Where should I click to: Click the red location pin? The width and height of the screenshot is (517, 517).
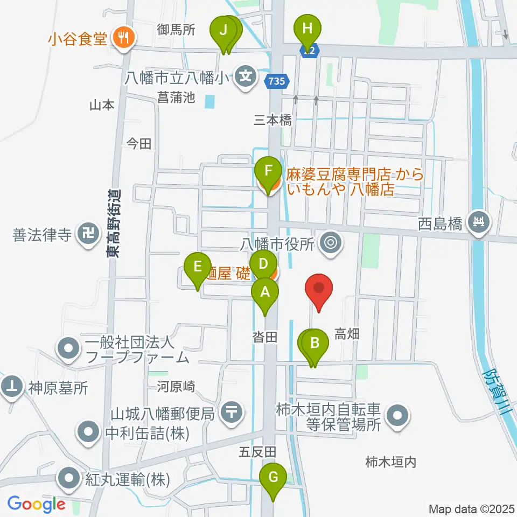click(x=319, y=291)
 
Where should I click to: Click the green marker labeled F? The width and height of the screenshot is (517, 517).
click(x=268, y=172)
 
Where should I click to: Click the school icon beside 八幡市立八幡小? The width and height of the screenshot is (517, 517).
click(x=246, y=77)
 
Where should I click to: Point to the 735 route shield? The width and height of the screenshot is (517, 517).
click(x=277, y=81)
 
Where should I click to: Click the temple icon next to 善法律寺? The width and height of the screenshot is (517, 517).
click(x=86, y=234)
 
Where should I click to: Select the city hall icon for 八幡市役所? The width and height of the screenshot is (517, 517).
click(x=330, y=243)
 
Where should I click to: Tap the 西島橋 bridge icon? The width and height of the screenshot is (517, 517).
click(x=477, y=221)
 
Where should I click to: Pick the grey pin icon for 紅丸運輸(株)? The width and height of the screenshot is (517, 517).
click(x=69, y=478)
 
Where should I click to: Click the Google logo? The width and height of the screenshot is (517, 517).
click(x=37, y=504)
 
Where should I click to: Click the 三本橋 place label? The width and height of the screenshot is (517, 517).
click(x=274, y=120)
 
